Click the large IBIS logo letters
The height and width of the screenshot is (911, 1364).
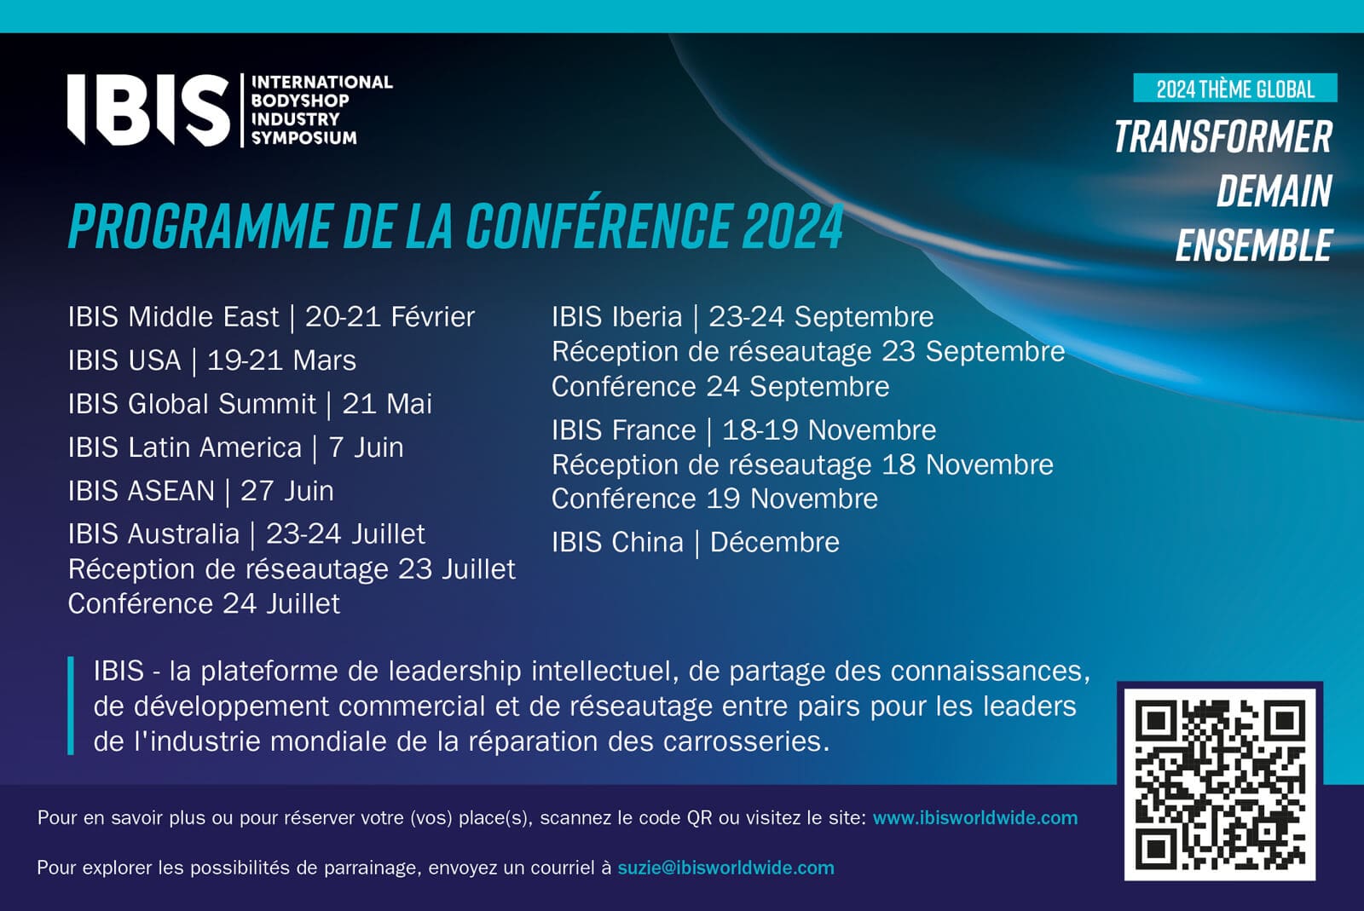(x=148, y=110)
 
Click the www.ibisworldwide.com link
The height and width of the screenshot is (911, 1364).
(x=975, y=817)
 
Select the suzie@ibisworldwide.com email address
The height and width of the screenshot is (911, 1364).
(x=725, y=868)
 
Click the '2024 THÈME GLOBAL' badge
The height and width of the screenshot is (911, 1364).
(x=1235, y=89)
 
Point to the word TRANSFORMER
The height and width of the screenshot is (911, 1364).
(x=1223, y=136)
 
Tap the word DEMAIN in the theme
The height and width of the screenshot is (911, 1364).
(x=1274, y=191)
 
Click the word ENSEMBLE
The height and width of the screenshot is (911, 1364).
(x=1254, y=245)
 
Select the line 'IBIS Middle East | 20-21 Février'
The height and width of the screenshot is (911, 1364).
(x=271, y=317)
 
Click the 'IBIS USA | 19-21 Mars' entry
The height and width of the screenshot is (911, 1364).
(x=212, y=360)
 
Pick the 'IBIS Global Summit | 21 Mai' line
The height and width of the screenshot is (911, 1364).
(x=250, y=403)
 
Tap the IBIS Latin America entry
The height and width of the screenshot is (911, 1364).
(x=235, y=447)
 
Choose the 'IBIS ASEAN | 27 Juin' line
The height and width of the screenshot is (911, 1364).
(x=201, y=491)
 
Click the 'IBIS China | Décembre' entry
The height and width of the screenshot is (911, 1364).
(x=696, y=542)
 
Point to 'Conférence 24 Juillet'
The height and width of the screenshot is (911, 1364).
(x=204, y=603)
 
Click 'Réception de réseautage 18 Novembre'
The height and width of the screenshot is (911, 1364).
(x=802, y=465)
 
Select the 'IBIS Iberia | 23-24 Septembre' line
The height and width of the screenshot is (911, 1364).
(x=743, y=317)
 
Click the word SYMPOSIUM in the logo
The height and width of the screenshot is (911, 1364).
(x=303, y=138)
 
